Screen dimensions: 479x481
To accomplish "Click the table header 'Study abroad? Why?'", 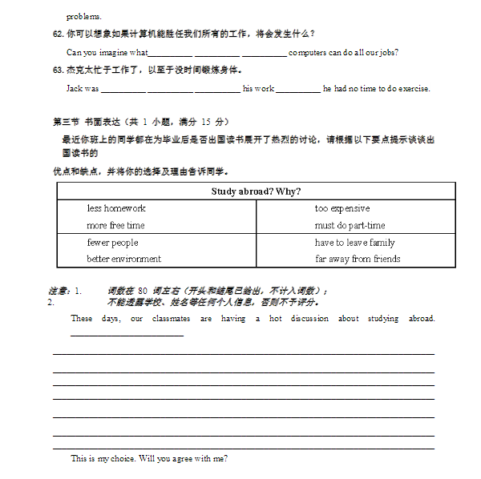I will (256, 191).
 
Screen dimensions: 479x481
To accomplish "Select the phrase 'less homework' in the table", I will (116, 208).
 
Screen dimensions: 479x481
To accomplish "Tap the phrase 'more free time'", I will (115, 226).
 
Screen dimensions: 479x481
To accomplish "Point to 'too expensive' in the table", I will (342, 208).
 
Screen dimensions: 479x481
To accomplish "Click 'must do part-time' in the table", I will (350, 226).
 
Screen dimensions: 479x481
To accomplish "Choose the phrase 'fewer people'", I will (112, 243).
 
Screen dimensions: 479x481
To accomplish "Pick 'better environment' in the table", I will (123, 259).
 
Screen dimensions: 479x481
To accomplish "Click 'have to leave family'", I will (354, 243).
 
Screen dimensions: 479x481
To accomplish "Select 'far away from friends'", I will (358, 259).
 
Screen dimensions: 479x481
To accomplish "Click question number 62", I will (57, 34).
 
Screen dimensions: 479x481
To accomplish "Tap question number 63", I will (57, 70).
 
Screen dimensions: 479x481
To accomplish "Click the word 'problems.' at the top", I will (83, 16).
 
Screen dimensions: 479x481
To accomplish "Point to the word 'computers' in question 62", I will (307, 52).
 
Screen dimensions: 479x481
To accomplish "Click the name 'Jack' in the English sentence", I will (75, 89).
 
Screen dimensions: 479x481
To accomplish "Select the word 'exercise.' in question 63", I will (414, 89).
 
